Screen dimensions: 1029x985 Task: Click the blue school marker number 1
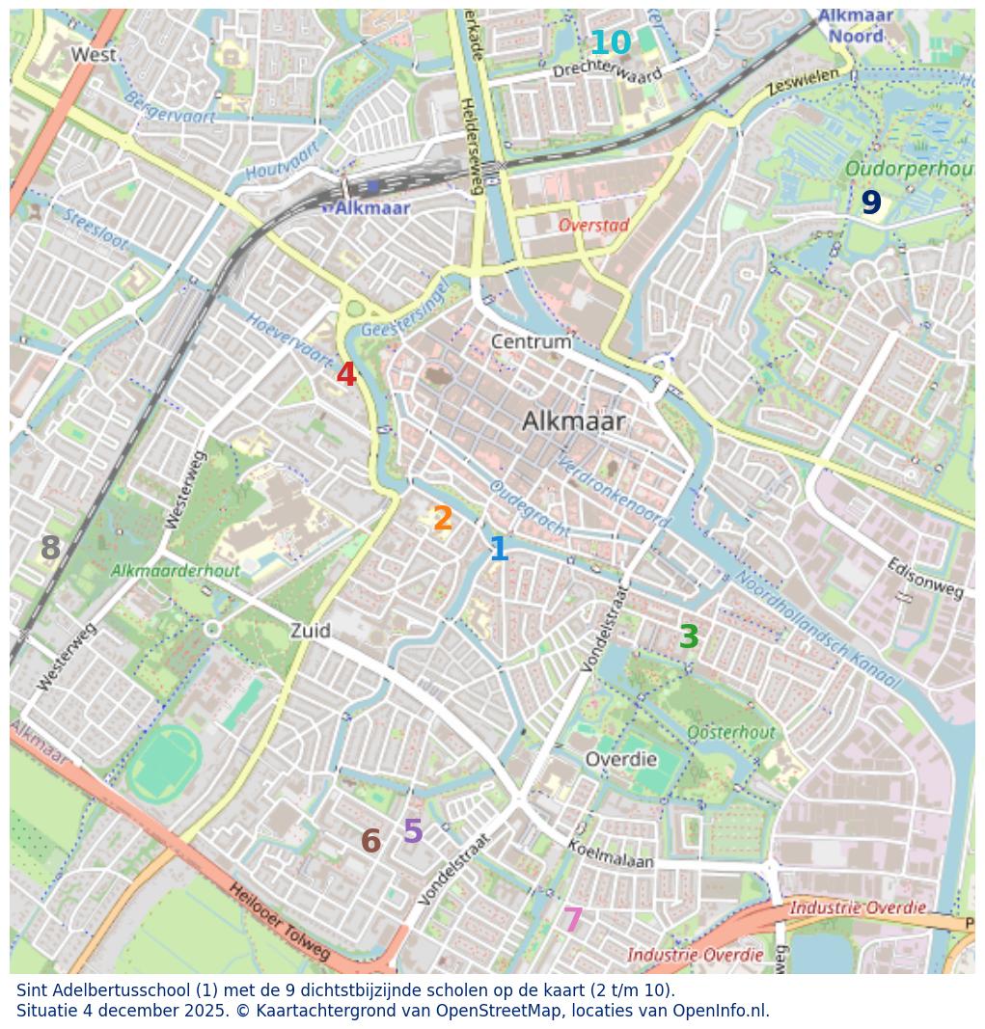tap(499, 550)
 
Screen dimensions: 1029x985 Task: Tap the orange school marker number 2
tap(443, 519)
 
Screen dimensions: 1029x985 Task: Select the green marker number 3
tap(689, 636)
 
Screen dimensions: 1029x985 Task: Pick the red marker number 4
tap(346, 375)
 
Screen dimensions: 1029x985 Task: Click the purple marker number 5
tap(413, 831)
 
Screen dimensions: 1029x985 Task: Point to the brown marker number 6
tap(370, 842)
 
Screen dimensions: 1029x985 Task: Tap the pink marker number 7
tap(573, 920)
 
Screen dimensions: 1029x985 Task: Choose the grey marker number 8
tap(50, 549)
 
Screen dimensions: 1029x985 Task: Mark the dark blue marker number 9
tap(871, 203)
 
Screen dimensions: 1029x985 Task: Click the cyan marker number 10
tap(610, 43)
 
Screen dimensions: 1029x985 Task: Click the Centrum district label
tap(531, 342)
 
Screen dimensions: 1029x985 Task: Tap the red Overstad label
tap(593, 226)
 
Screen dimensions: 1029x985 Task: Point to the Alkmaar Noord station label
tap(855, 26)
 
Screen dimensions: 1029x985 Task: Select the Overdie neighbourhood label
tap(620, 760)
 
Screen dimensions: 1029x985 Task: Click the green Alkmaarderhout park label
tap(175, 571)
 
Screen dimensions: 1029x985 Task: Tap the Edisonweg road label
tap(924, 578)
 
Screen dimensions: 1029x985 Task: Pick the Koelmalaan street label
tap(610, 853)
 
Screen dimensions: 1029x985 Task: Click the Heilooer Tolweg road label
tap(279, 922)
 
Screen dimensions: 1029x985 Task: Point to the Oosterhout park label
tap(730, 733)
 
